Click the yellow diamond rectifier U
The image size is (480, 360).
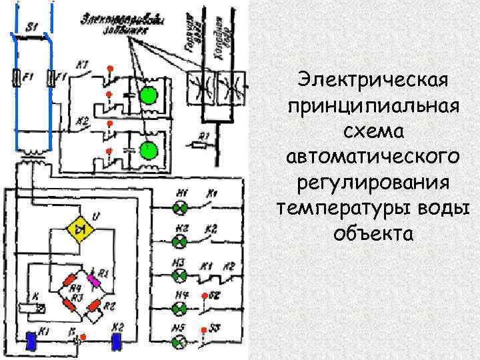(79, 228)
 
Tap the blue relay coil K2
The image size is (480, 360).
(117, 341)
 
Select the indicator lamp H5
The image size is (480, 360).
(178, 341)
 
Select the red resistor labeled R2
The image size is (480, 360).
(98, 305)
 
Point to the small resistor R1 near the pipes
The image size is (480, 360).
(199, 143)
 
